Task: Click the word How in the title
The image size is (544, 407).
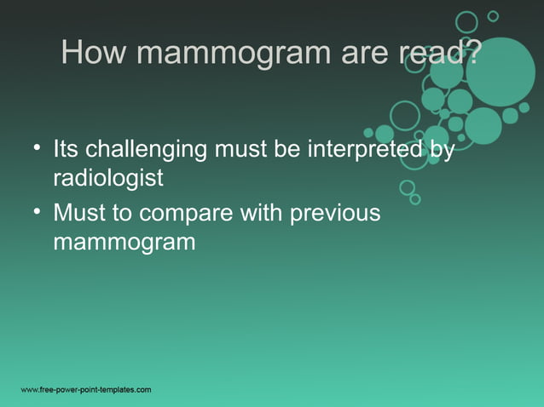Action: coord(95,54)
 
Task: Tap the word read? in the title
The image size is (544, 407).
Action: coord(438,54)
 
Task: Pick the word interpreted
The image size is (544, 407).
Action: coord(358,150)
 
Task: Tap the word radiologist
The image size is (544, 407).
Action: coord(107,180)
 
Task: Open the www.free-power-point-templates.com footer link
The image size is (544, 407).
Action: coord(86,390)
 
